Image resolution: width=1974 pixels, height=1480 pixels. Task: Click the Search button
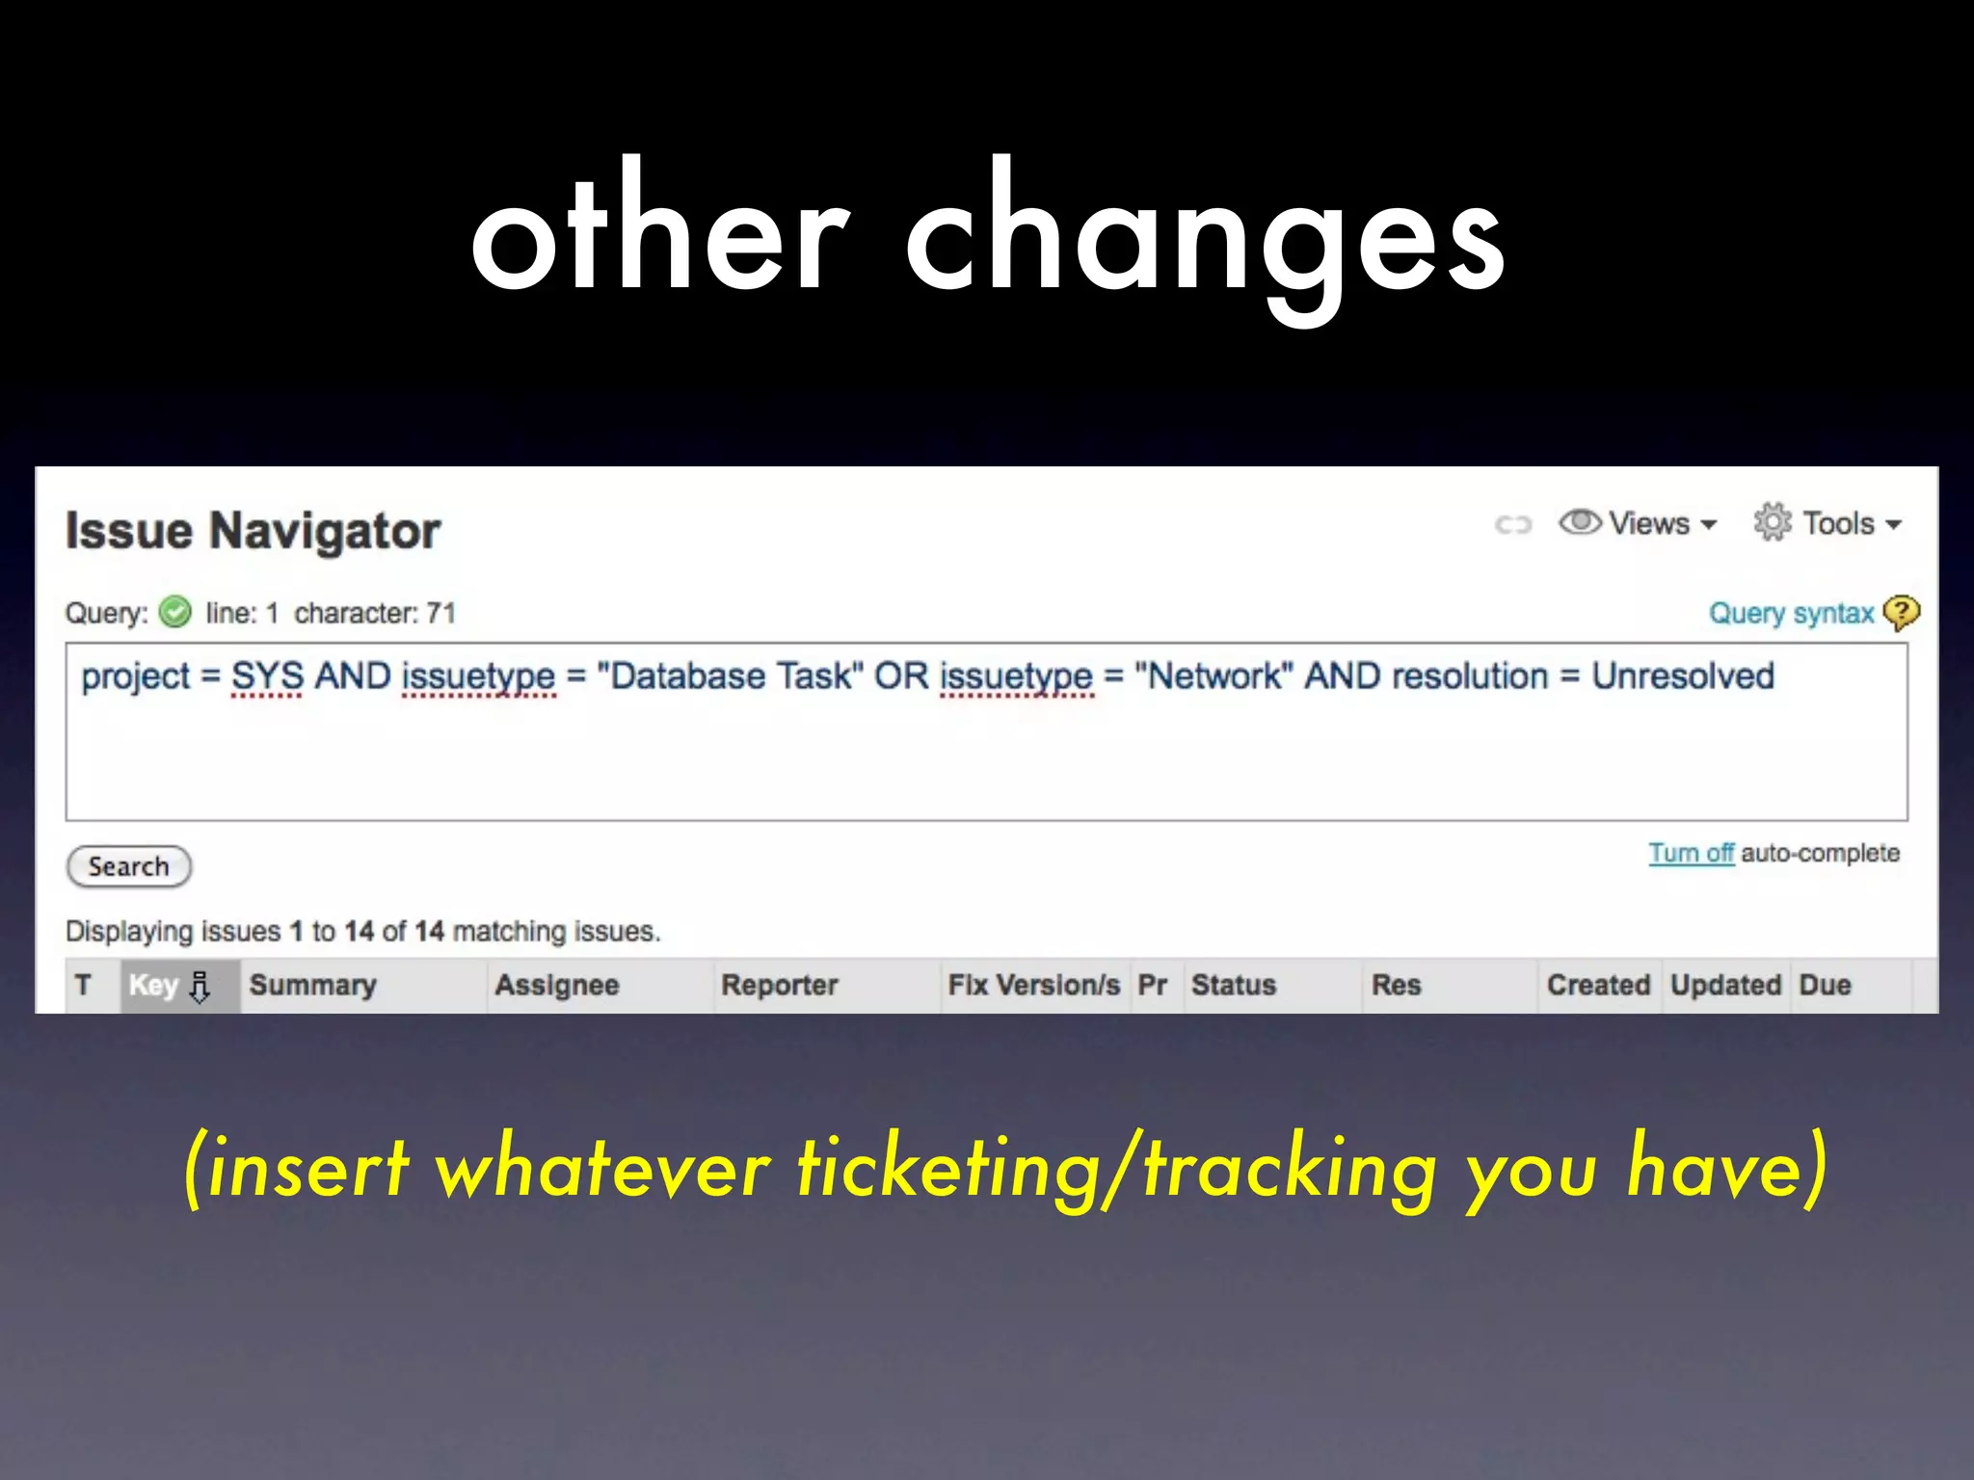pyautogui.click(x=128, y=866)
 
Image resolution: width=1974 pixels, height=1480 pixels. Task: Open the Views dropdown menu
pyautogui.click(x=1638, y=523)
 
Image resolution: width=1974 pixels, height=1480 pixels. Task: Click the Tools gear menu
pyautogui.click(x=1827, y=523)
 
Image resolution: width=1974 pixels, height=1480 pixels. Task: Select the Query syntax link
pyautogui.click(x=1790, y=613)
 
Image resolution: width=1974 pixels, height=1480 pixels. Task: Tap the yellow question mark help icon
pyautogui.click(x=1900, y=613)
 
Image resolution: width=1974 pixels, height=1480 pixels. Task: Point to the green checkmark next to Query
pyautogui.click(x=175, y=612)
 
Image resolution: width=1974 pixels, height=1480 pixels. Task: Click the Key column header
pyautogui.click(x=154, y=985)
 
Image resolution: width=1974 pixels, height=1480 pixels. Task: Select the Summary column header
pyautogui.click(x=312, y=985)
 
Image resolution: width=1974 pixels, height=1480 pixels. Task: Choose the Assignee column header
pyautogui.click(x=556, y=985)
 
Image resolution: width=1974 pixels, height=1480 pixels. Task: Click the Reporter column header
pyautogui.click(x=779, y=985)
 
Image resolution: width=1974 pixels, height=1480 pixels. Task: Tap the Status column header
pyautogui.click(x=1233, y=985)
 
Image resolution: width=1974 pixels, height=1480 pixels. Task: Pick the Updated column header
pyautogui.click(x=1724, y=985)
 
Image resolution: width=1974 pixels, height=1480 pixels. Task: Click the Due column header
pyautogui.click(x=1824, y=985)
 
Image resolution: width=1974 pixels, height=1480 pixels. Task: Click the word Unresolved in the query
pyautogui.click(x=1682, y=676)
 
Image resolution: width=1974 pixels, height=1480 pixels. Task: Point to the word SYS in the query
pyautogui.click(x=267, y=676)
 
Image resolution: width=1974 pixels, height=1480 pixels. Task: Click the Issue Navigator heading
pyautogui.click(x=253, y=531)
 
